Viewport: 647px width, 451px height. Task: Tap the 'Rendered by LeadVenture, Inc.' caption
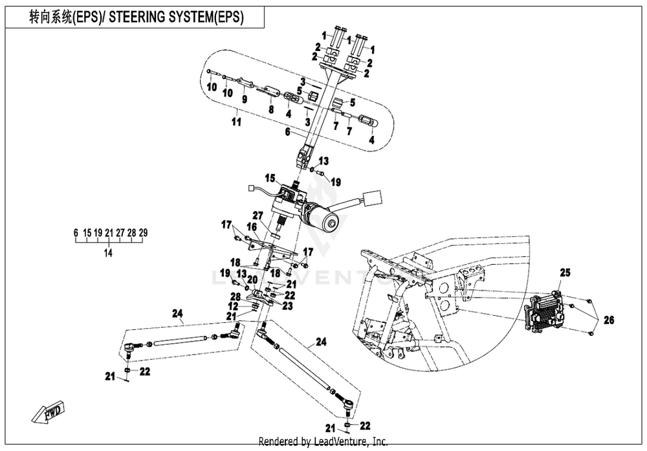(323, 441)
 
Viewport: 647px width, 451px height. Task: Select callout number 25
(564, 274)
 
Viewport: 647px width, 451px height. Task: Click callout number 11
(236, 121)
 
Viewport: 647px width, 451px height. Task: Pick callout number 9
(245, 99)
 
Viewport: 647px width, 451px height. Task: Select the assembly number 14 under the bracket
(108, 253)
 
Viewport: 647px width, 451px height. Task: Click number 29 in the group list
(143, 232)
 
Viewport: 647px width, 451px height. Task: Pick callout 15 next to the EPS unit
(270, 177)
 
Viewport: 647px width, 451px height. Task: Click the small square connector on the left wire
(250, 189)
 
